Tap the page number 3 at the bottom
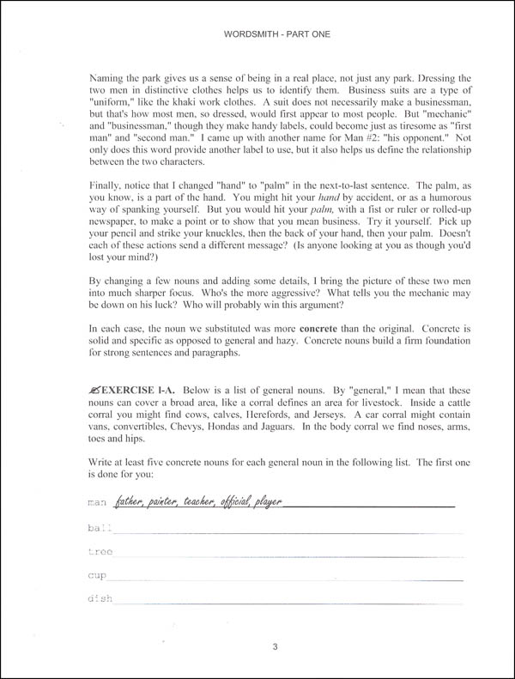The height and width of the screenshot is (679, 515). click(258, 645)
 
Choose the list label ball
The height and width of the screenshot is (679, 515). click(96, 526)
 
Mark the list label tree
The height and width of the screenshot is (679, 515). click(99, 550)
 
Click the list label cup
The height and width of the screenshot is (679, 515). click(96, 574)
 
